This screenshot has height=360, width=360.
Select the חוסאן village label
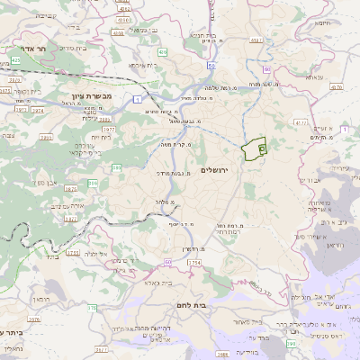tap(44, 296)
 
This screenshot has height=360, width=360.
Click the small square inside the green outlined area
tap(262, 146)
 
